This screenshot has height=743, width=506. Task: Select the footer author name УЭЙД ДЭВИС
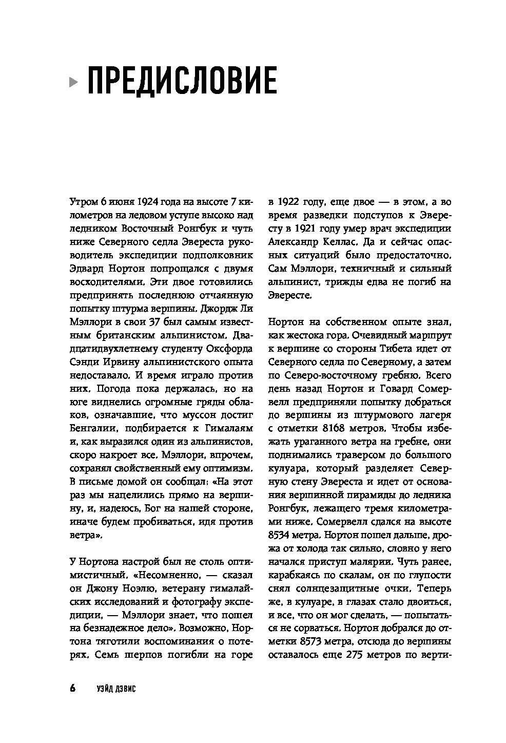coord(115,688)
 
